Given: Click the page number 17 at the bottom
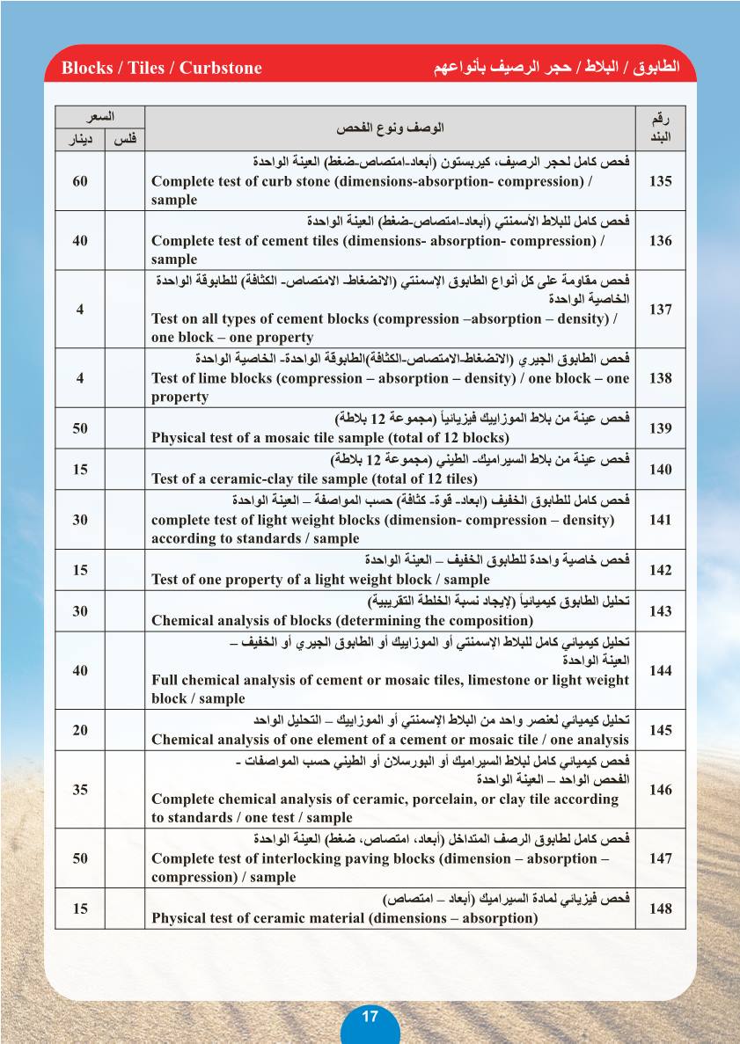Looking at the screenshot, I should click(x=370, y=1017).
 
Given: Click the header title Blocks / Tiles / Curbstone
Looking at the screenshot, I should click(x=162, y=69).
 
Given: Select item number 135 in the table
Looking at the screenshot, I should click(x=660, y=181).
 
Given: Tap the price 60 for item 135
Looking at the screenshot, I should click(x=80, y=181).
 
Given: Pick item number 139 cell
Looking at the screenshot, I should click(x=660, y=428).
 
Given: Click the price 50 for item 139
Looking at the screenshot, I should click(x=80, y=428).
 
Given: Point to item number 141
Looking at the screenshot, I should click(x=660, y=520).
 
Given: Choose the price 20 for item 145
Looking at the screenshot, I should click(x=80, y=730).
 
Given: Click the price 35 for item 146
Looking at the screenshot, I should click(x=80, y=790).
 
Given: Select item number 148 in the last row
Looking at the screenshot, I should click(x=660, y=909).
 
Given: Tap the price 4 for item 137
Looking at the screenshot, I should click(x=80, y=310).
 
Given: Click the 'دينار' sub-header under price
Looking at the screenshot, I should click(x=80, y=139).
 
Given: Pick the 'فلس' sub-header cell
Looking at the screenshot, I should click(x=124, y=139).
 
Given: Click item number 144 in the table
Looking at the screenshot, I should click(x=660, y=671).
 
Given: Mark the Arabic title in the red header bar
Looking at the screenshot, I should click(x=558, y=69).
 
